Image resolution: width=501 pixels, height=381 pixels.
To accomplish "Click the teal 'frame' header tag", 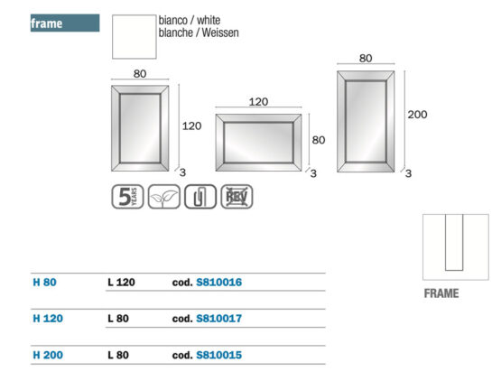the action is pos(65,23).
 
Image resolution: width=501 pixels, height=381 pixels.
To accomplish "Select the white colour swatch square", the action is pos(135,37).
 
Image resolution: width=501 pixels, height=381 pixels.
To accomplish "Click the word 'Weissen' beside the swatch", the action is pos(220,33).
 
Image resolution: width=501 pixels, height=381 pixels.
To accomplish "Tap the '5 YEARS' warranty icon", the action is pos(127,197).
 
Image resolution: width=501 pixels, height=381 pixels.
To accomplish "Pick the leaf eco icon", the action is pos(164,197).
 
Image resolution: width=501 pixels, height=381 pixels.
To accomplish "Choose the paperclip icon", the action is pos(200,197).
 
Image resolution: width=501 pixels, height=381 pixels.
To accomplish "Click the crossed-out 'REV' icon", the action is pos(237,197).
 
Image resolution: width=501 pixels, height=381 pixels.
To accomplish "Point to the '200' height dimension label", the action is pos(417,115).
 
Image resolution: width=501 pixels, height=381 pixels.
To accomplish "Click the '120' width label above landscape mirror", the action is pos(258,102).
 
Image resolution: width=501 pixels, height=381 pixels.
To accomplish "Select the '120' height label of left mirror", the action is pos(191,125).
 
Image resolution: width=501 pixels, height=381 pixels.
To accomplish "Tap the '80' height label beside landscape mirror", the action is pos(319,140).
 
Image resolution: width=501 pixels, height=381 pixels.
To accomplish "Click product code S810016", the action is pos(218,283).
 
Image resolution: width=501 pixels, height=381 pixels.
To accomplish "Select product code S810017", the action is pos(218,319).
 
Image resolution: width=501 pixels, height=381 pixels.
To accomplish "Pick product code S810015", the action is pos(218,355).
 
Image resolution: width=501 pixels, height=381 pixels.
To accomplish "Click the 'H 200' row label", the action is pos(48,355).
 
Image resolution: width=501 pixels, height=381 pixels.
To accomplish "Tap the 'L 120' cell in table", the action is pos(122,283).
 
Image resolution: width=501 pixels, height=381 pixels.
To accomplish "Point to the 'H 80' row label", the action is pos(45,283).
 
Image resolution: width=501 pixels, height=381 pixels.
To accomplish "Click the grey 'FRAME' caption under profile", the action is pos(441,293).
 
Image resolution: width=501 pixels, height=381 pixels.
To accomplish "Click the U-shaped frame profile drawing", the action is pos(446,243).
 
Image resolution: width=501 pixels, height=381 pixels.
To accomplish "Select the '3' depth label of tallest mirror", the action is pos(408,173).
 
